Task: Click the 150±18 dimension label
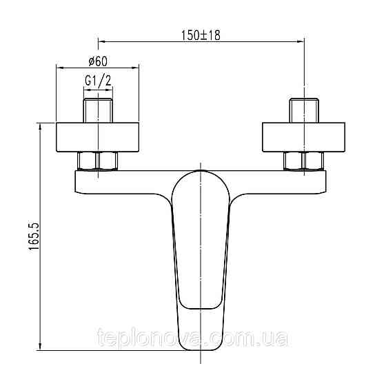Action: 201,35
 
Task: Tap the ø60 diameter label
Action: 98,61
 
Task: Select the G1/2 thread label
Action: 98,81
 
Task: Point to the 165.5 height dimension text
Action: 34,236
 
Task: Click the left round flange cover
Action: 98,137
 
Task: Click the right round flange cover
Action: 304,137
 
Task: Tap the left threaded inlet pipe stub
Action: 98,110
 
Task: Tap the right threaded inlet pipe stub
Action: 304,110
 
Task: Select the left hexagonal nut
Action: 98,161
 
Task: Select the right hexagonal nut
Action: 303,161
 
